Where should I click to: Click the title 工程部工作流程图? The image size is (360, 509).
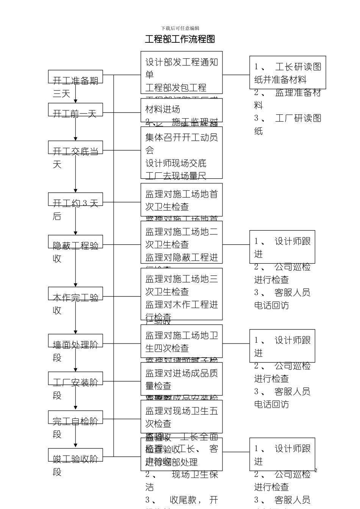180,39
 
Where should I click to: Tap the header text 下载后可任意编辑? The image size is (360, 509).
180,28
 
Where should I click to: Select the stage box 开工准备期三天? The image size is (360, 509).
75,77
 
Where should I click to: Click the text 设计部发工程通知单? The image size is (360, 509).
182,68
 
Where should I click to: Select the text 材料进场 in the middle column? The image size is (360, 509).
163,109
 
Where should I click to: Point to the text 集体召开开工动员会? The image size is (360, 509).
182,144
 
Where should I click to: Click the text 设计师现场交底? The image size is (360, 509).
176,163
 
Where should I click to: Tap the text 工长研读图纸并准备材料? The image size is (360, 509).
288,73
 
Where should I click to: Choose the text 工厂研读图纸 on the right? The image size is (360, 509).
288,125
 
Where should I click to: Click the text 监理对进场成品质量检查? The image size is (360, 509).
182,379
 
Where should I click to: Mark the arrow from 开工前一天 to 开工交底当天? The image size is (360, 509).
75,129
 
